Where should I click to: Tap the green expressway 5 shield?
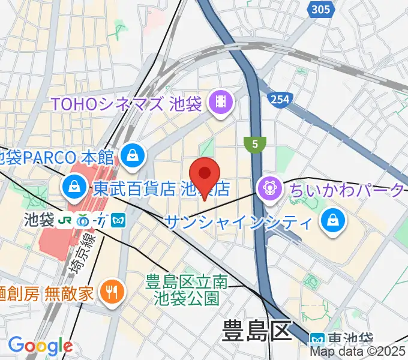255,144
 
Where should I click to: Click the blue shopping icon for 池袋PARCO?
130,157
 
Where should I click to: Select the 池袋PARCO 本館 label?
57,158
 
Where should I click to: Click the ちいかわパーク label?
347,190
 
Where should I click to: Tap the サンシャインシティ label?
238,223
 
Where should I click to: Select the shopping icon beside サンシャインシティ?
331,222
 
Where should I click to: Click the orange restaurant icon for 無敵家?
112,293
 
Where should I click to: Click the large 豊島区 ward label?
256,331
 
